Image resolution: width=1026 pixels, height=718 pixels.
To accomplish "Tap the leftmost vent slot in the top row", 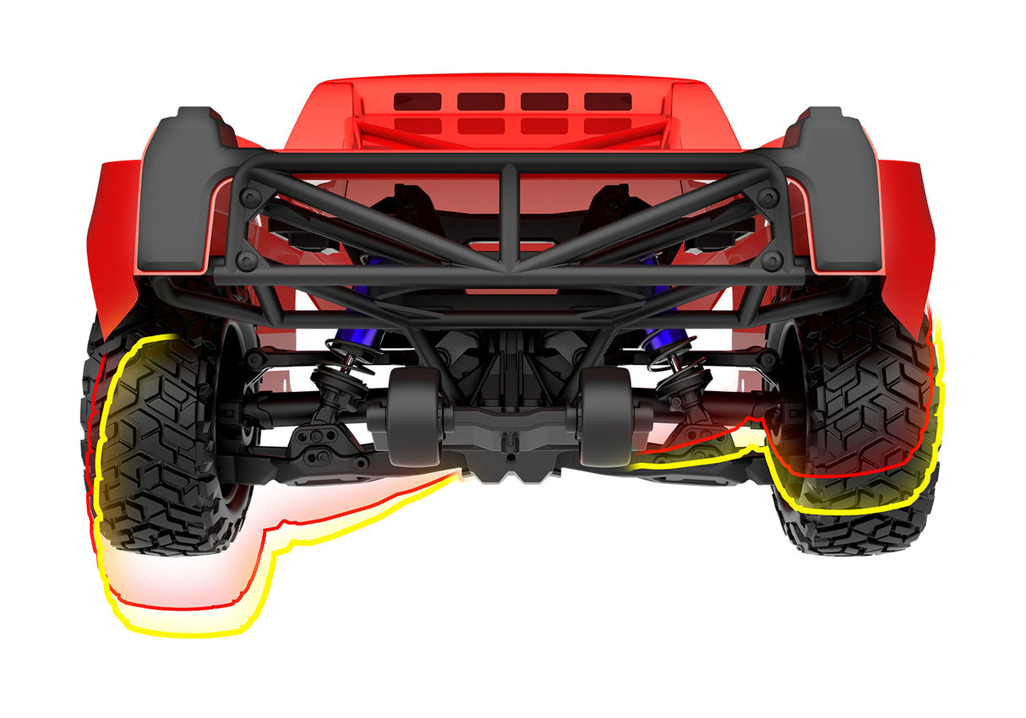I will click(417, 101).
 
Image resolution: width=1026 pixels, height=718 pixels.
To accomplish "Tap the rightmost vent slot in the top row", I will click(608, 101).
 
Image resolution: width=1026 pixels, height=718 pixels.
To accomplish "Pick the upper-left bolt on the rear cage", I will click(250, 197).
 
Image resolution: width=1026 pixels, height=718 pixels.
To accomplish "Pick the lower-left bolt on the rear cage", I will click(245, 258).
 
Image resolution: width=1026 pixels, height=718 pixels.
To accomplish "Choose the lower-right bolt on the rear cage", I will click(771, 258).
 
